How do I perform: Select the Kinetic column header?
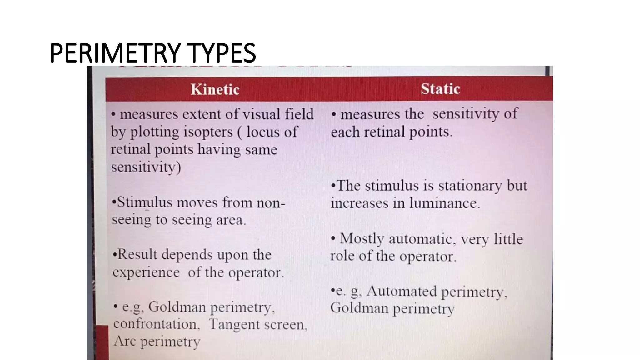pyautogui.click(x=215, y=89)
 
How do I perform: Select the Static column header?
pyautogui.click(x=440, y=89)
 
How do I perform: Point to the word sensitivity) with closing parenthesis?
pyautogui.click(x=146, y=167)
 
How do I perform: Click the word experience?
pyautogui.click(x=146, y=272)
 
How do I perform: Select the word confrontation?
pyautogui.click(x=157, y=324)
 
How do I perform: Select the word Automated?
pyautogui.click(x=402, y=292)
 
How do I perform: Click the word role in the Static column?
pyautogui.click(x=342, y=256)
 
